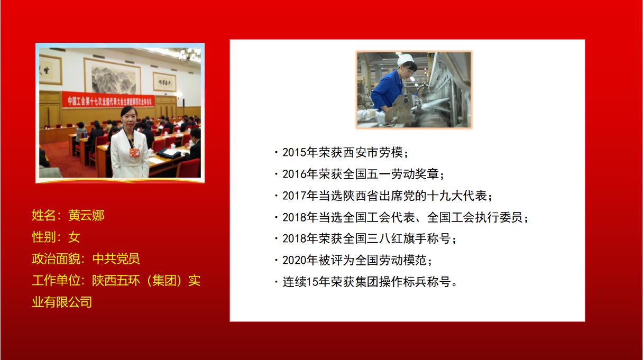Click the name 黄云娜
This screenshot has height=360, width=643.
click(87, 216)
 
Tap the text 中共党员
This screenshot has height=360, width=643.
click(116, 259)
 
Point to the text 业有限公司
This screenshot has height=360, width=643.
click(62, 302)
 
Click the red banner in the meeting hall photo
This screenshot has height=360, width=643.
click(108, 99)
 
